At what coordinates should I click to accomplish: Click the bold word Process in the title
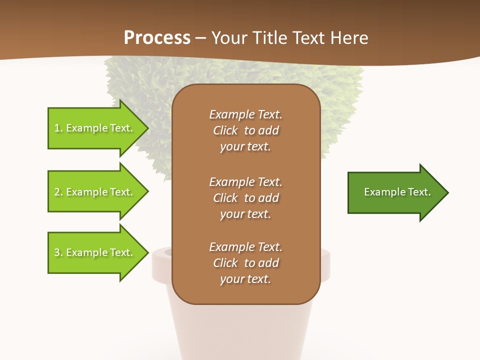pos(157,38)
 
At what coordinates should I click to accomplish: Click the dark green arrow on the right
pos(395,192)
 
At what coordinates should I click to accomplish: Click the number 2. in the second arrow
pos(58,192)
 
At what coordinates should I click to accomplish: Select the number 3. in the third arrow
pos(58,252)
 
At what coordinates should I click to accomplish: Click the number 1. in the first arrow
pos(58,128)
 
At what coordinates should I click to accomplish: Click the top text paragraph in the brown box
pos(245,130)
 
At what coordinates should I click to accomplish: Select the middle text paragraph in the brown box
pos(245,198)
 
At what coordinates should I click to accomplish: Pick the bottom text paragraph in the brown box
pos(245,263)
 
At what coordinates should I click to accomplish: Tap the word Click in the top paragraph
pos(225,130)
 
